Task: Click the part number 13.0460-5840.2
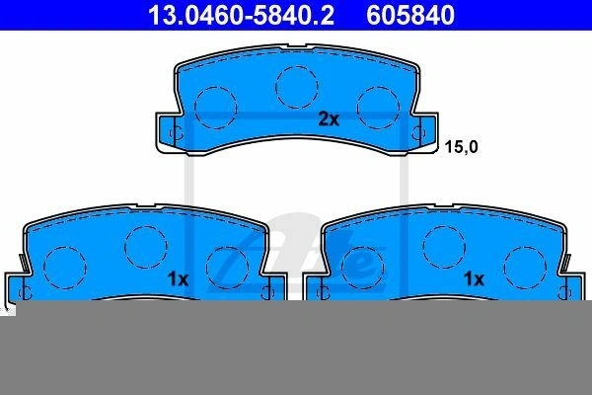[x=241, y=15]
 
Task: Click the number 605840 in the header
[x=410, y=15]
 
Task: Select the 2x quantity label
[x=329, y=119]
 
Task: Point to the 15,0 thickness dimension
[x=461, y=147]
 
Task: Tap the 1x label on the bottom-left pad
[x=178, y=279]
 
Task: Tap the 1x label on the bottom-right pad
[x=474, y=279]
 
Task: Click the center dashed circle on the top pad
[x=297, y=87]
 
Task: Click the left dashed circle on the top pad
[x=216, y=108]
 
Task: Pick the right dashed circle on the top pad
[x=378, y=108]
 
